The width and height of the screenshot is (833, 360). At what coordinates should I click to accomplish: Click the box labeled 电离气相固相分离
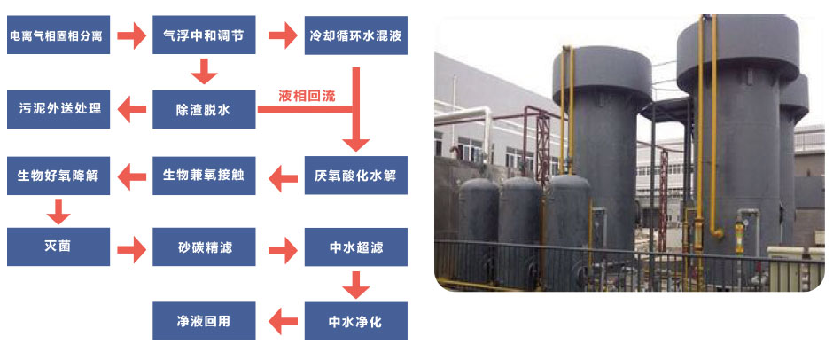tap(58, 36)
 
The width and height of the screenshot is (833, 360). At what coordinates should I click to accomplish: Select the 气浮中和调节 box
tap(204, 36)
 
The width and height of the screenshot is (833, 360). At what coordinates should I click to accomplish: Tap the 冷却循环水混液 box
tap(355, 36)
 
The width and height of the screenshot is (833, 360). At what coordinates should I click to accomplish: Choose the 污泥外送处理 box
tap(58, 110)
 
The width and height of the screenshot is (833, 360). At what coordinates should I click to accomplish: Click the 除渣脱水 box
tap(204, 110)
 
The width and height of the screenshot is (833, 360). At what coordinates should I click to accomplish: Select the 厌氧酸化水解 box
tap(355, 175)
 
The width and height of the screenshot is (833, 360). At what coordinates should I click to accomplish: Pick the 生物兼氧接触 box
tap(204, 175)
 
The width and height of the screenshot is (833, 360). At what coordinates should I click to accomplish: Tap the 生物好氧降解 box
tap(58, 175)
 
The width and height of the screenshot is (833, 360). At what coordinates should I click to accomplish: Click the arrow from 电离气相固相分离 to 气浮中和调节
tap(131, 36)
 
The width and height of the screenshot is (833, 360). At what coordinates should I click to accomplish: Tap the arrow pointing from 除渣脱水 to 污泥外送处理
tap(132, 110)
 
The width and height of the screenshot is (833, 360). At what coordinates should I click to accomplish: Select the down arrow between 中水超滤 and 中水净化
tap(355, 285)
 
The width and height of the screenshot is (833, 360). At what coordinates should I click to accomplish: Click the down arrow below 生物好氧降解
tap(58, 211)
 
